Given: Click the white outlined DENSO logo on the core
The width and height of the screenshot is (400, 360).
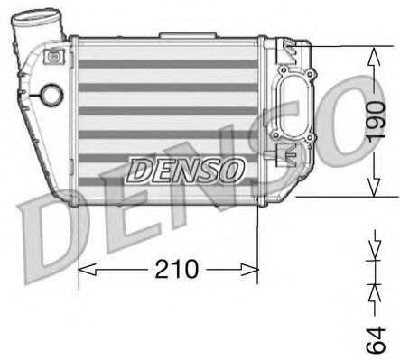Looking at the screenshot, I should [184, 168].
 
